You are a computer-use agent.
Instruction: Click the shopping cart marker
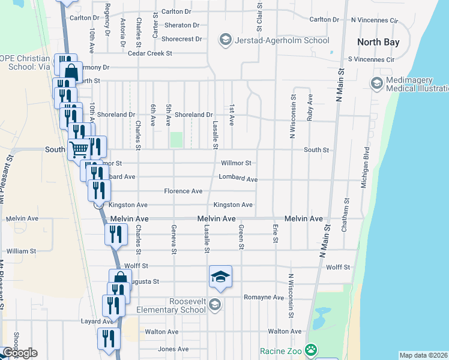tap(78, 148)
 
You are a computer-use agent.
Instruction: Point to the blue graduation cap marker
tap(220, 277)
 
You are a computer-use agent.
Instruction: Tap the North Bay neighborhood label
tap(377, 42)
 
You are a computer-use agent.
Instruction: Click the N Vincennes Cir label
tap(375, 20)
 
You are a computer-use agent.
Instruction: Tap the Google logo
tap(19, 353)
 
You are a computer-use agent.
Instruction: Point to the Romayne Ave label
tap(264, 297)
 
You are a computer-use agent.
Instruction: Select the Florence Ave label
tap(183, 191)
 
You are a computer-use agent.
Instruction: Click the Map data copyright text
tap(424, 355)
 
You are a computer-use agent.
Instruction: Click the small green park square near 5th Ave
tap(176, 140)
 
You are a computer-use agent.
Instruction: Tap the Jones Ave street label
tap(173, 349)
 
